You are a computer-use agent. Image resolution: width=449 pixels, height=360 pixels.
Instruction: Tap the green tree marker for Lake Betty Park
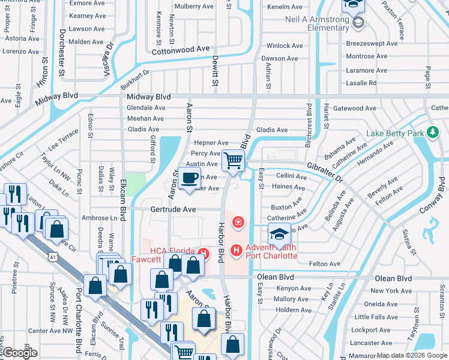[x=432, y=133]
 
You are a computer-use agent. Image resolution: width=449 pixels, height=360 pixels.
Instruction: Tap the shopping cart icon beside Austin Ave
[x=233, y=160]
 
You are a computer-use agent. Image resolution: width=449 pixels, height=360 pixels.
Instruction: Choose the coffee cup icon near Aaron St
[x=189, y=179]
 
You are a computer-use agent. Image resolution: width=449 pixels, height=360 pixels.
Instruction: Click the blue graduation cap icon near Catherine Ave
[x=279, y=235]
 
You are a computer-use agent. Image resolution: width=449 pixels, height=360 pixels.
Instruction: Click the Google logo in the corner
[x=19, y=353]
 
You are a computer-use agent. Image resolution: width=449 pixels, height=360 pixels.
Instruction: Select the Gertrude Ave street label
[x=173, y=209]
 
